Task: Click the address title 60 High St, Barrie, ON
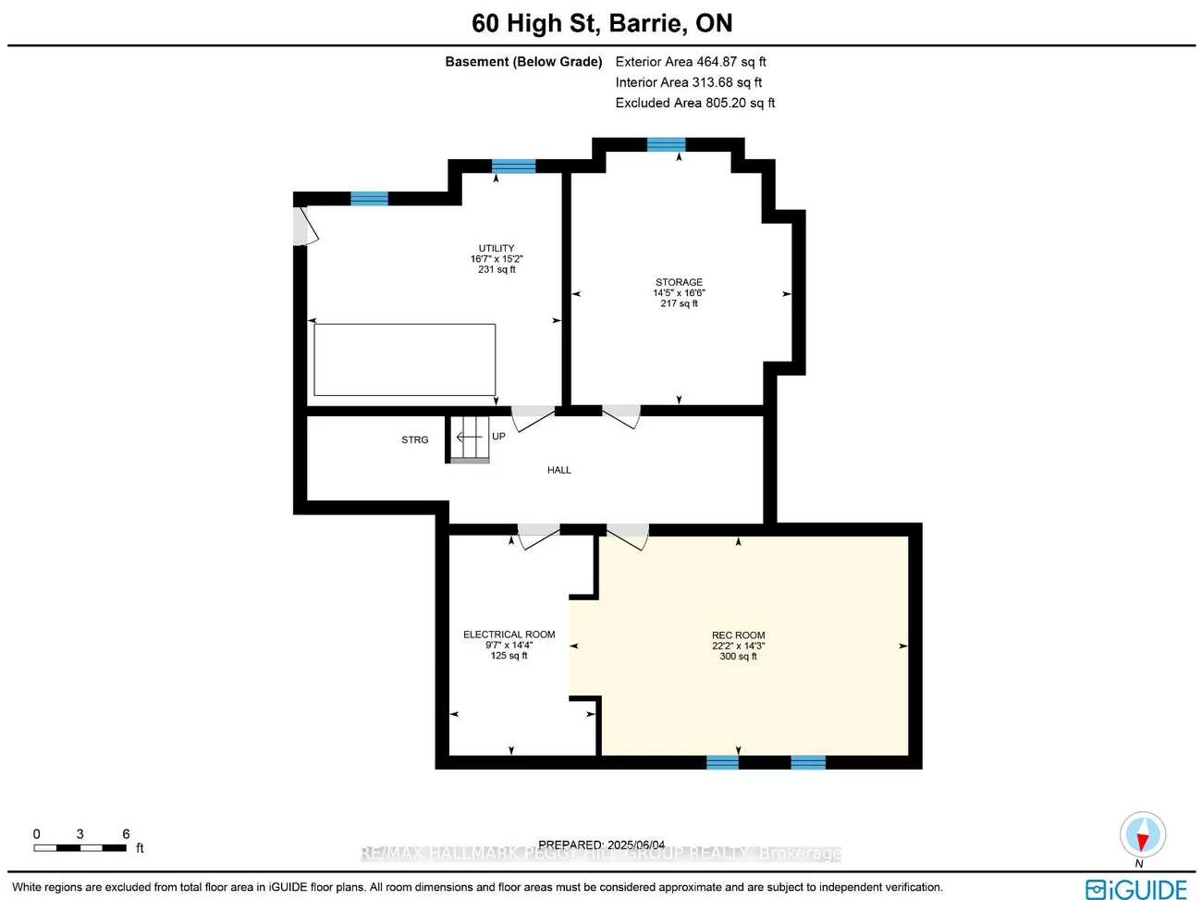click(x=601, y=23)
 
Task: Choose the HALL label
click(x=558, y=470)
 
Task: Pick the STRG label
click(x=414, y=440)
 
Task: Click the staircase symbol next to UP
click(x=470, y=438)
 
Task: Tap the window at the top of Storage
click(x=666, y=144)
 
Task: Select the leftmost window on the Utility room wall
click(x=369, y=198)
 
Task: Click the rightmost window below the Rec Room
click(x=807, y=762)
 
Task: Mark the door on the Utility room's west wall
click(x=303, y=227)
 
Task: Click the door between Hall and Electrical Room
click(x=538, y=536)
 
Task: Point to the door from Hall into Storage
click(x=621, y=415)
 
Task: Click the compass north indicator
click(x=1142, y=836)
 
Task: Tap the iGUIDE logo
click(x=1136, y=889)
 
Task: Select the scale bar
click(x=80, y=847)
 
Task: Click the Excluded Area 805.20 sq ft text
click(x=695, y=103)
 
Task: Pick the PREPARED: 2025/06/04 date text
click(x=601, y=845)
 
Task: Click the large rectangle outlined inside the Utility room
click(x=404, y=360)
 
